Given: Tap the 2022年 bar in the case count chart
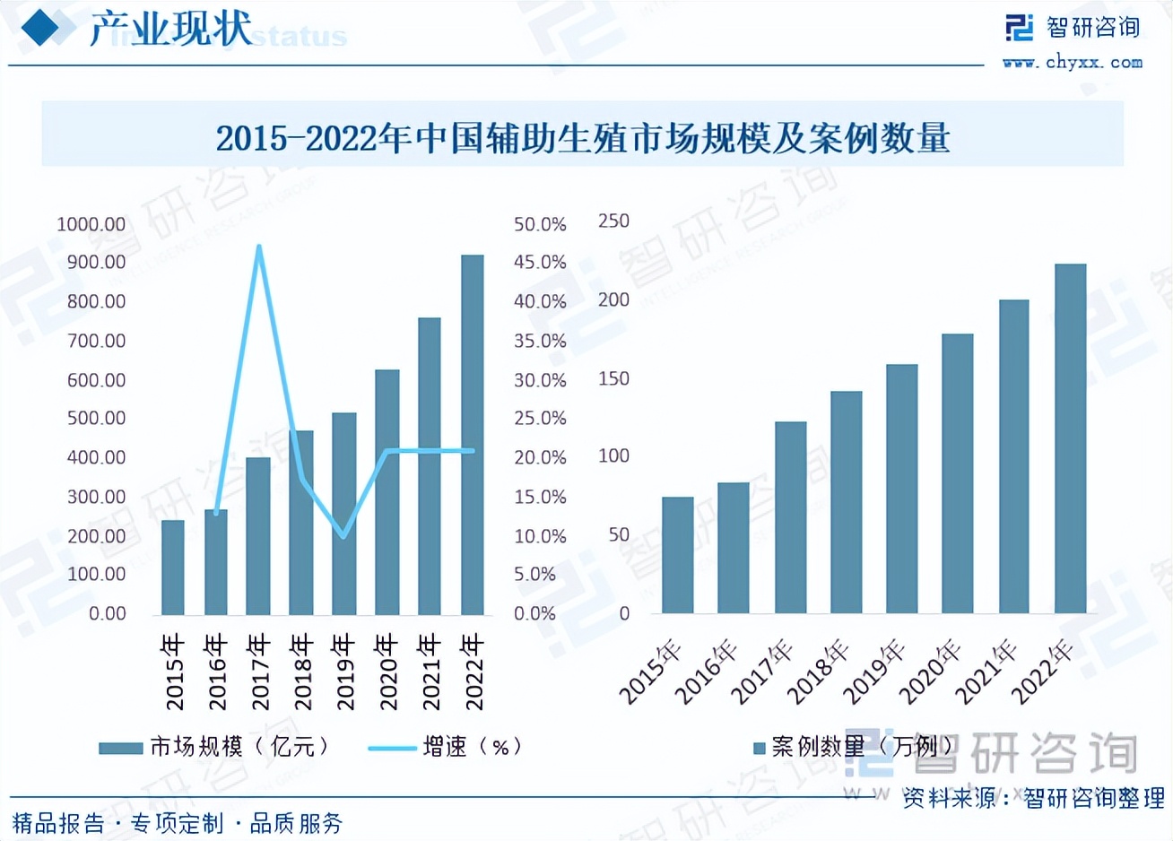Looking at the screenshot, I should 1070,438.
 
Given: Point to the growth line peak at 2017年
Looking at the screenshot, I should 258,247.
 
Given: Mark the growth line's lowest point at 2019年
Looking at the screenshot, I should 343,536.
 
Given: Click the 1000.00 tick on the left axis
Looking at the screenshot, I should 91,224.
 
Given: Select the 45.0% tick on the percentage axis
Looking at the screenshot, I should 540,263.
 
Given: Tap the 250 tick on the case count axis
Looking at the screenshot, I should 613,221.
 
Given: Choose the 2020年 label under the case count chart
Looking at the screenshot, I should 930,672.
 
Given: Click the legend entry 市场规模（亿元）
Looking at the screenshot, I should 215,747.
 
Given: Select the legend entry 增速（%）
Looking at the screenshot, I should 446,747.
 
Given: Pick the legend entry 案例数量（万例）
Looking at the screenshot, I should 852,746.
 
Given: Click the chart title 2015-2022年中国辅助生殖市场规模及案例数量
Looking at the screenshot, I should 583,138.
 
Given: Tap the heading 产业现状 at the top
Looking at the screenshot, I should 170,29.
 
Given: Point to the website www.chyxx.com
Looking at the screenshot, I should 1073,63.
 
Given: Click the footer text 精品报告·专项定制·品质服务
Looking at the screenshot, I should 178,823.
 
